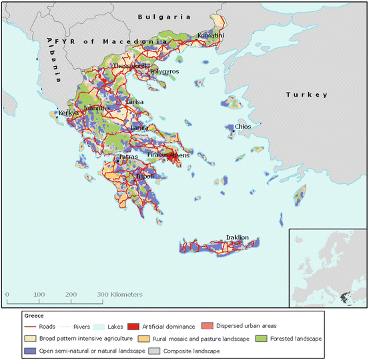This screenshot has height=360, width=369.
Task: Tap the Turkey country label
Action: (308, 95)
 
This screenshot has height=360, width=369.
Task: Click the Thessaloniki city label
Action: (131, 67)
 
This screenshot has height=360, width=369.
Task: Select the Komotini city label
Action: (210, 35)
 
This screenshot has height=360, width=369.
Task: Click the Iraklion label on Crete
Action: (238, 237)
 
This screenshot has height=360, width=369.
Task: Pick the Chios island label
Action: (242, 127)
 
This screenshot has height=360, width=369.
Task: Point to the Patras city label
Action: (129, 158)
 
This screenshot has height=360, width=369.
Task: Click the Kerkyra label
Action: (69, 113)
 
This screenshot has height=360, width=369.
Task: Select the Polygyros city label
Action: (164, 71)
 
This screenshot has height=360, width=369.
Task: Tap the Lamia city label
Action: (140, 127)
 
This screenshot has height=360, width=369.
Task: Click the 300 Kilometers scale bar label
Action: (120, 294)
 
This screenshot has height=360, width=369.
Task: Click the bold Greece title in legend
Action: (33, 315)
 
